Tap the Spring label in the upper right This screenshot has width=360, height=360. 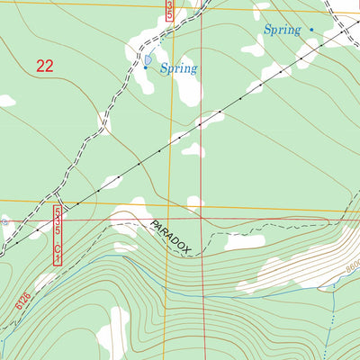point(283,31)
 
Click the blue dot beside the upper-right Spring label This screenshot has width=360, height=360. point(311,30)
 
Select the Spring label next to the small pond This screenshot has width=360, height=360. point(178,67)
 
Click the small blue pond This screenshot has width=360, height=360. point(147,59)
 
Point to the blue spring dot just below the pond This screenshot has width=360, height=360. point(146,67)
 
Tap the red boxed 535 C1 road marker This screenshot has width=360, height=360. point(58,235)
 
